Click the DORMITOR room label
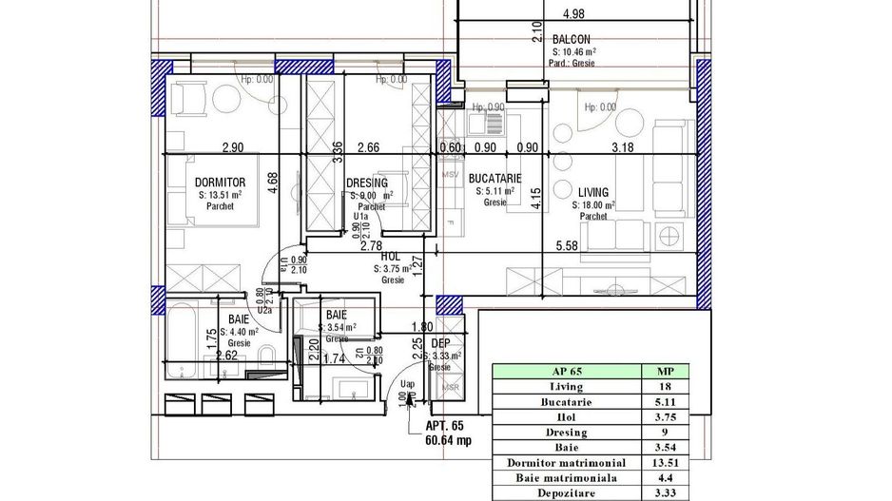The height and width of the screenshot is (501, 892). tap(221, 182)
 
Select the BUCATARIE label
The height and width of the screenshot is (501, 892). tap(494, 178)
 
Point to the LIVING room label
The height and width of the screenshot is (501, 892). tap(591, 191)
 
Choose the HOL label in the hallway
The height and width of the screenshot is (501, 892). tap(390, 257)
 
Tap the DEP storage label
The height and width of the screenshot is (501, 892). tap(440, 343)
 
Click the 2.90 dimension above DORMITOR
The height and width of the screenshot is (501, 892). tap(234, 146)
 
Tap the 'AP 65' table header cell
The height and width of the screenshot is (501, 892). tap(566, 372)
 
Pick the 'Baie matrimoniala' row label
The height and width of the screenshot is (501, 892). tap(566, 478)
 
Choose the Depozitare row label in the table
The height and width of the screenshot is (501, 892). tap(566, 493)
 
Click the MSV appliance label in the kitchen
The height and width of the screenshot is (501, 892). tap(451, 175)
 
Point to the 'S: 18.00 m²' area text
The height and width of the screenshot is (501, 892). tap(593, 204)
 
